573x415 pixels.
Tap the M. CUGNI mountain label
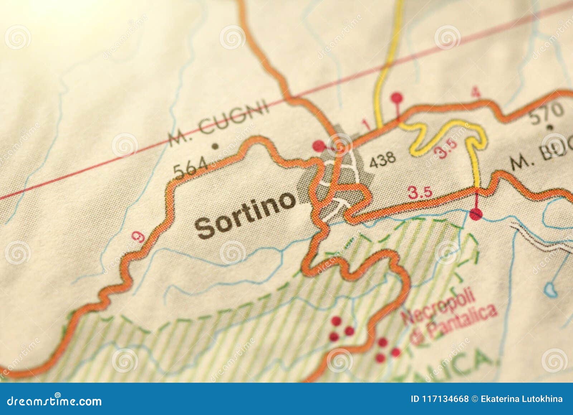coord(219,123)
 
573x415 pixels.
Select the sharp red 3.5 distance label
coord(420,193)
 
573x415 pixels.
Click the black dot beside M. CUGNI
coord(215,146)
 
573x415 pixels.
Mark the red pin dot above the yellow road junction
coord(396,97)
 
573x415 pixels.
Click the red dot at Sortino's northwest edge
coord(318,146)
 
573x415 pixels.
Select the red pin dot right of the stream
coord(476,214)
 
